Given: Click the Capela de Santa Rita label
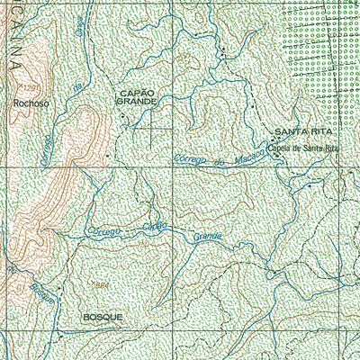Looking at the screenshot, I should pyautogui.click(x=306, y=147).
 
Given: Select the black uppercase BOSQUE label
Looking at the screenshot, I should pyautogui.click(x=102, y=318).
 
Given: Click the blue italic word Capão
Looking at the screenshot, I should pyautogui.click(x=153, y=227).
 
